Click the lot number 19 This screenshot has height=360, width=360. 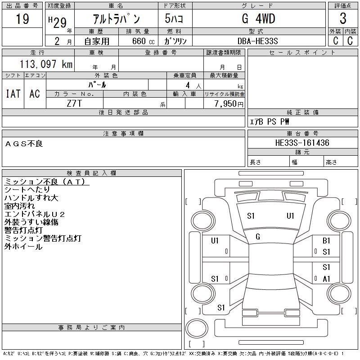(22, 19)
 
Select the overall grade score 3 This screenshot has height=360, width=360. (343, 19)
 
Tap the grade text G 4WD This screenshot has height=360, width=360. (255, 19)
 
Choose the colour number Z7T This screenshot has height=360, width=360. (75, 103)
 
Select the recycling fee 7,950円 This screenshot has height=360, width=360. (230, 104)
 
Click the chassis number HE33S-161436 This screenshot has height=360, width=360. (302, 143)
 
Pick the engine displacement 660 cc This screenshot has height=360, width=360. (138, 41)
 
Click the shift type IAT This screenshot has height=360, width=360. (13, 94)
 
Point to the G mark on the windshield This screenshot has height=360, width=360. (258, 237)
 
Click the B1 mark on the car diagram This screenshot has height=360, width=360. (326, 241)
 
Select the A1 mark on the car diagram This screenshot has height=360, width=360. (326, 279)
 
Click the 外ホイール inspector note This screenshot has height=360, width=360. (23, 247)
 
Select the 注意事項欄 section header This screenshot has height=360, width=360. (123, 134)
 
